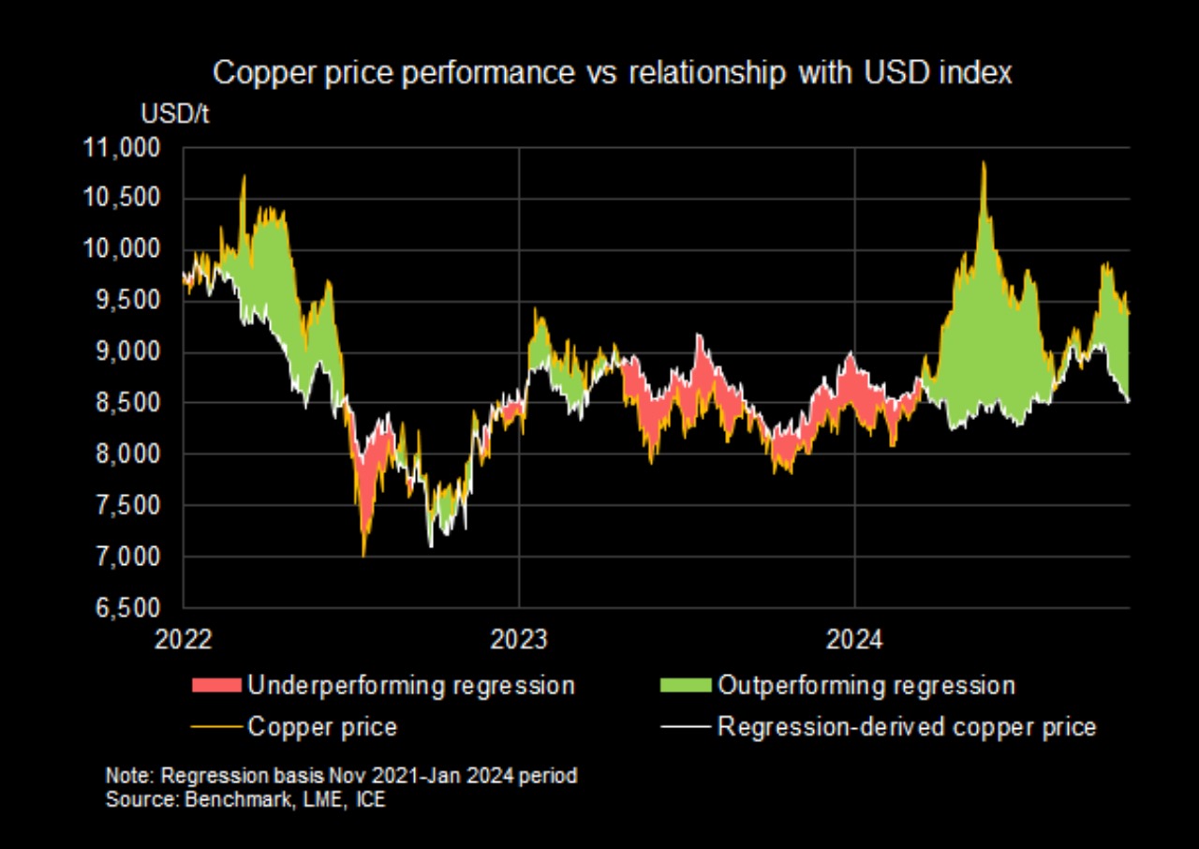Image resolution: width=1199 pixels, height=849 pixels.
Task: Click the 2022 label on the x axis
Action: [185, 640]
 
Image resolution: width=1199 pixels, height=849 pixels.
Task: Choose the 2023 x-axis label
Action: [518, 640]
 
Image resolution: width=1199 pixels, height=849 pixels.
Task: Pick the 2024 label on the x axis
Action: [854, 640]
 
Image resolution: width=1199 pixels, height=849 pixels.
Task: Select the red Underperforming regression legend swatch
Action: [215, 685]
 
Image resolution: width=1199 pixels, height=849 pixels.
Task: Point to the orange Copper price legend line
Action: [215, 727]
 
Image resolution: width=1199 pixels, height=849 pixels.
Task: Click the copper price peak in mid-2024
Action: [984, 163]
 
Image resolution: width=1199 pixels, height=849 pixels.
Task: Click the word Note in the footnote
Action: [125, 777]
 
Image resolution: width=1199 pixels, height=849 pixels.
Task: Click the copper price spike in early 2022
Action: [244, 176]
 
